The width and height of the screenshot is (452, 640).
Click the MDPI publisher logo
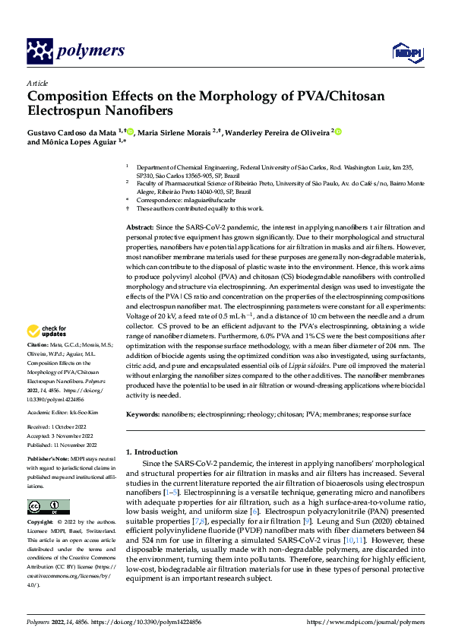click(406, 52)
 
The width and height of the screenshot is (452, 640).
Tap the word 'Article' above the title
click(36, 83)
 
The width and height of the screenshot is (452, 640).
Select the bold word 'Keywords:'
click(143, 414)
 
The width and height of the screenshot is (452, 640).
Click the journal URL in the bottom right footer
click(362, 622)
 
